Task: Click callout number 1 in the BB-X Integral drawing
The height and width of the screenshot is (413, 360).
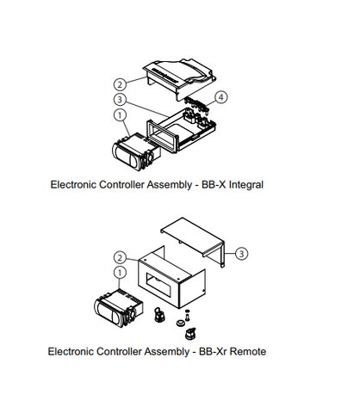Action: [x=119, y=114]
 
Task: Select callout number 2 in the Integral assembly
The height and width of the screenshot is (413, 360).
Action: [x=120, y=84]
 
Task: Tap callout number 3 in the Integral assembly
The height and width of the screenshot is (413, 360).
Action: [x=120, y=99]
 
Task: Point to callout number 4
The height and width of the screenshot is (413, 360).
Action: [x=222, y=97]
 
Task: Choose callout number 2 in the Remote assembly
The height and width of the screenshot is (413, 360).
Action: [x=120, y=256]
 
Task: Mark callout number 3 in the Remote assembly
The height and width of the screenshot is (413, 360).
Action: [x=242, y=253]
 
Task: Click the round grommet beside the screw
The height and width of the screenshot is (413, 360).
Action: [x=180, y=324]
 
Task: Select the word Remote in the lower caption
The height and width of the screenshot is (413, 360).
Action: [x=243, y=351]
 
